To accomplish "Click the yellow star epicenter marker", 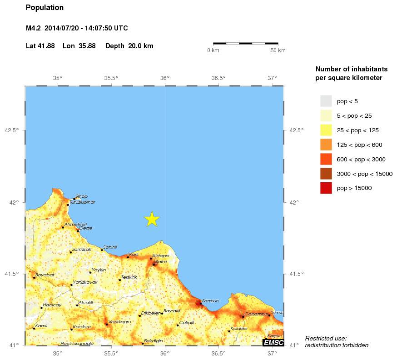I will tap(152, 219).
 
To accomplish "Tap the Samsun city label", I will tap(210, 301).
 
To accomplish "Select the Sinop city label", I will tap(81, 196).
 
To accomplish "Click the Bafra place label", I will tap(161, 262).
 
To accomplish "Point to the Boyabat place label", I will tap(45, 275).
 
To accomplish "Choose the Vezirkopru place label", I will tap(119, 321).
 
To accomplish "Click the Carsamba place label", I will tap(256, 314).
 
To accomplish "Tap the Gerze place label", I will tap(86, 228).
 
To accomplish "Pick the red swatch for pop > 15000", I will tap(326, 188).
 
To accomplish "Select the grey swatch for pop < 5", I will tap(326, 101).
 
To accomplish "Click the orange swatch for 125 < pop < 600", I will tap(326, 145).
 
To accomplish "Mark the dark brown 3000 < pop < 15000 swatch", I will tap(326, 173).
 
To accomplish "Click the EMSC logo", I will tap(273, 342).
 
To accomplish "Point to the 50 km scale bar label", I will tap(278, 50).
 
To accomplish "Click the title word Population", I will tap(45, 8).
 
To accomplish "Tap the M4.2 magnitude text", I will tap(34, 28).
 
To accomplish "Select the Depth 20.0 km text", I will tap(129, 46).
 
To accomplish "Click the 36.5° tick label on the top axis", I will tap(218, 78).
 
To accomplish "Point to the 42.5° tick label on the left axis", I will tap(12, 130).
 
